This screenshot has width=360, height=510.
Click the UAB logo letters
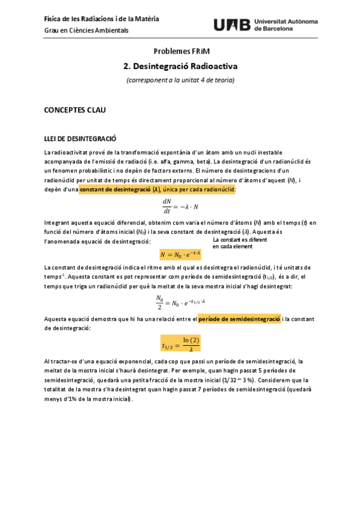tap(233, 25)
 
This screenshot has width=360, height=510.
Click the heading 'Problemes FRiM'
tap(180, 52)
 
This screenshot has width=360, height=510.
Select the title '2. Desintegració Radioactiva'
tap(180, 66)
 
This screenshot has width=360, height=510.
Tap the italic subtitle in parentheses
tap(180, 80)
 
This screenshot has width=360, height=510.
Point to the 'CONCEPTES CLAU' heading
tap(75, 111)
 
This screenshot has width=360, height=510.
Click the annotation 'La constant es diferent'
tap(239, 239)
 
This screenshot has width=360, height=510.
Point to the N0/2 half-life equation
tap(180, 301)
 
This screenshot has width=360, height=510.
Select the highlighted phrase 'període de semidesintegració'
tap(239, 319)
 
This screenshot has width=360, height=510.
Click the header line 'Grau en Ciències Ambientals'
tap(87, 30)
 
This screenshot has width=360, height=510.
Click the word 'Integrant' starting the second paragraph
tap(58, 223)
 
